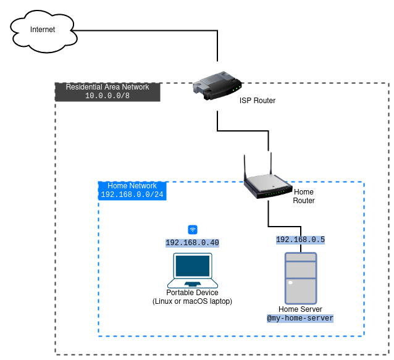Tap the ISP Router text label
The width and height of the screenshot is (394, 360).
(x=258, y=101)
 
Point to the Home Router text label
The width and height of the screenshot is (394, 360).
(x=303, y=196)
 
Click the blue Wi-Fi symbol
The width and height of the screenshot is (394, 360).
(x=193, y=229)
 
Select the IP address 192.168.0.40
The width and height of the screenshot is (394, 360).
(x=193, y=243)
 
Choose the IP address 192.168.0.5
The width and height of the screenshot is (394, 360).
(x=300, y=240)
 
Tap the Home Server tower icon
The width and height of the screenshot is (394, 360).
(x=300, y=277)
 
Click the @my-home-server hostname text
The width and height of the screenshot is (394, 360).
(x=300, y=319)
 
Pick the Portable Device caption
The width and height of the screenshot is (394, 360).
(x=192, y=293)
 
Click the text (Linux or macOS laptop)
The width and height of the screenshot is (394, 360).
(x=192, y=301)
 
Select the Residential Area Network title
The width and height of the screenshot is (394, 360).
(x=107, y=87)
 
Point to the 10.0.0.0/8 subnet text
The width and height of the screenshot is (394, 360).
(x=107, y=96)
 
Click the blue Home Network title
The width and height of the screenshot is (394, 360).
(x=132, y=186)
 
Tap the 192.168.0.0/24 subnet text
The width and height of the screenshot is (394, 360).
(x=132, y=195)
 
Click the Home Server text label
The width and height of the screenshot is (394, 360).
(x=300, y=309)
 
